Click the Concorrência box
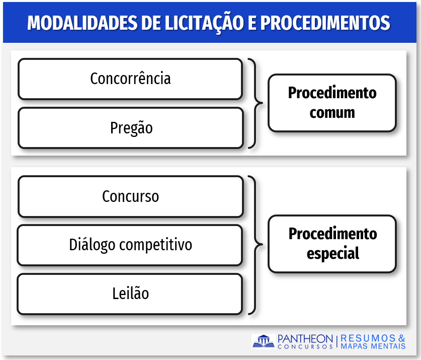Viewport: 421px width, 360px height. [x=130, y=79]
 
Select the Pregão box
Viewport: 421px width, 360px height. [x=130, y=128]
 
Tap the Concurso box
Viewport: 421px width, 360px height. [x=130, y=196]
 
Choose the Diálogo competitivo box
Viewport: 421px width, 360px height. [x=130, y=245]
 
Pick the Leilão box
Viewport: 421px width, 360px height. [x=130, y=294]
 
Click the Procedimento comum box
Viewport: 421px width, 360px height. [x=332, y=103]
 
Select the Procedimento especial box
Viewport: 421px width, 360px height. [x=332, y=244]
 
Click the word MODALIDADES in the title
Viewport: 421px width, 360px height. [x=82, y=23]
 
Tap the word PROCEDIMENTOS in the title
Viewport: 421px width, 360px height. [x=325, y=23]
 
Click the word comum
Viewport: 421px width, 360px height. [x=332, y=113]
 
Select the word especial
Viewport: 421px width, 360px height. [x=333, y=254]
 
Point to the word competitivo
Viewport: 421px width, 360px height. [x=155, y=245]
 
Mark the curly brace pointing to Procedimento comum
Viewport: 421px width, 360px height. [x=256, y=103]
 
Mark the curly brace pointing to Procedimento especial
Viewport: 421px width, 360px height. [x=256, y=245]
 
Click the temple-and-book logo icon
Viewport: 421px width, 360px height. [x=264, y=341]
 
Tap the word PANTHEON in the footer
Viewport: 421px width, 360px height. [x=305, y=339]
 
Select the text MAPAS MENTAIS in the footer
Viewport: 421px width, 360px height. [x=373, y=346]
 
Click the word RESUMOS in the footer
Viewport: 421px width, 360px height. [x=368, y=338]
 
